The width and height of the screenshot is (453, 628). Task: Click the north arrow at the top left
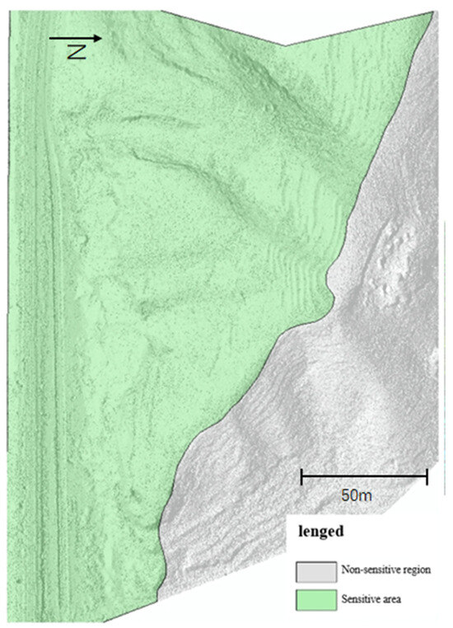click(76, 38)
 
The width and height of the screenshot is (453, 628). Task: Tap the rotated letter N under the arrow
click(77, 52)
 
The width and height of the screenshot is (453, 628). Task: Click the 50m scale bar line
click(364, 476)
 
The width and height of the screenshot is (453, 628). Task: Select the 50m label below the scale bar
click(357, 495)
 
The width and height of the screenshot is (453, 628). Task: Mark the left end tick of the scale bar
click(301, 476)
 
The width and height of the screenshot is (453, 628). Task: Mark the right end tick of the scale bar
click(427, 476)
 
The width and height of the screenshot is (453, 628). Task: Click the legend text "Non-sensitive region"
click(383, 569)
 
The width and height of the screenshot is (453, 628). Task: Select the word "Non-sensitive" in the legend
click(368, 569)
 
